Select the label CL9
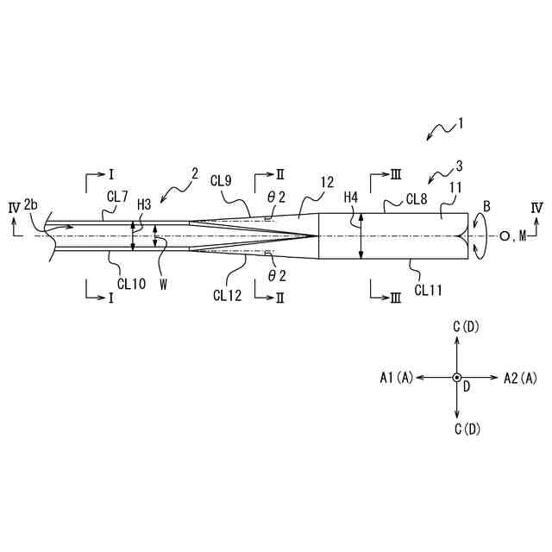click(x=222, y=181)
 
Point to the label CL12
click(x=228, y=294)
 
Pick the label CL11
click(x=429, y=291)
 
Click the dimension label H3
click(x=145, y=204)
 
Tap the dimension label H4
click(x=351, y=198)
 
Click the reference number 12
click(x=327, y=182)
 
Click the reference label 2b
click(x=31, y=204)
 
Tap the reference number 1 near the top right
click(x=461, y=123)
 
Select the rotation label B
click(x=487, y=206)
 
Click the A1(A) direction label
click(x=398, y=377)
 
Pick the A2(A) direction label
click(x=520, y=377)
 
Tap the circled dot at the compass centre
click(x=457, y=377)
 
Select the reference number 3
click(x=460, y=166)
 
